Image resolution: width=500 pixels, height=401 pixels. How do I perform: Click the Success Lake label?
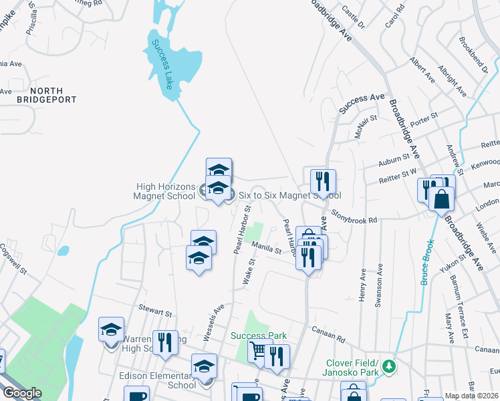161,65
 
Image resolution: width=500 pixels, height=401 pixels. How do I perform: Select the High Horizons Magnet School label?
162,191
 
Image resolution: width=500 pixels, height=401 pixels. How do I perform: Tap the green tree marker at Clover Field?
387,366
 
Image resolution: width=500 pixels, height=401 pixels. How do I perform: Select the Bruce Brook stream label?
427,263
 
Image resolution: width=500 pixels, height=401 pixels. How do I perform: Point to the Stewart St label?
155,311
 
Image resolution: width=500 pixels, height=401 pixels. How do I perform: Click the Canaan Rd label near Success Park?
330,331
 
